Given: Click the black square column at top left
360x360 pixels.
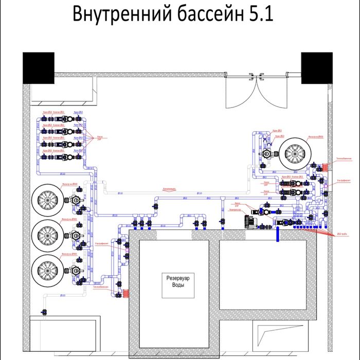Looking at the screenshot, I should coord(38,67).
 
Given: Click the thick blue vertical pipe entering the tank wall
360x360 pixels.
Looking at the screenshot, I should coord(278,234).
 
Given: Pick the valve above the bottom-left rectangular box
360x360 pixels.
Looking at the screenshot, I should coord(44,312).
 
